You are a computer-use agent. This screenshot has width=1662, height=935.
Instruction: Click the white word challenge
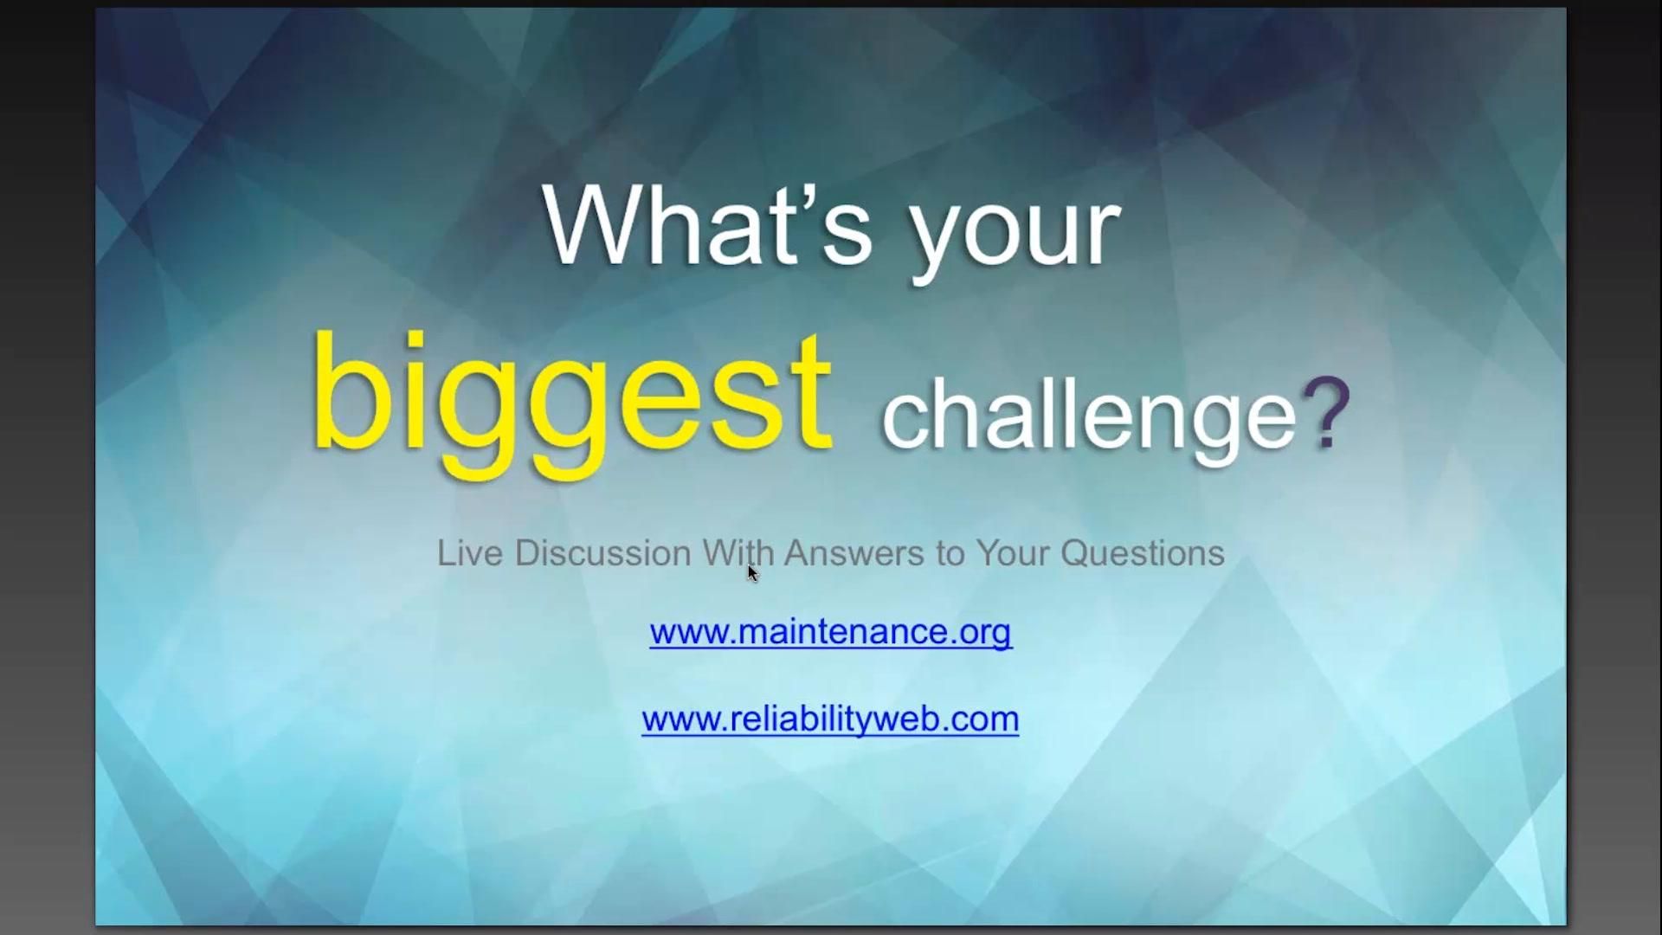(1088, 418)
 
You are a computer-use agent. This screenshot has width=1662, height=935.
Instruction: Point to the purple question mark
(1326, 413)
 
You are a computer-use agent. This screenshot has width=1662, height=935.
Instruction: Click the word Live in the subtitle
(469, 553)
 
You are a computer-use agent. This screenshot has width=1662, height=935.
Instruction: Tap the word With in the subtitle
(738, 553)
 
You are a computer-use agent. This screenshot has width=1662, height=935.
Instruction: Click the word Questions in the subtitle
(1143, 553)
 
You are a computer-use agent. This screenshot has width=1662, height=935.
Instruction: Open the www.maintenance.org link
(830, 632)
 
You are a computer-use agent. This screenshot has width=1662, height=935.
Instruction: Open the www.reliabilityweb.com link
(830, 719)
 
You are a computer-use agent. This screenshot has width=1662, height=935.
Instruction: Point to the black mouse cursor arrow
(752, 573)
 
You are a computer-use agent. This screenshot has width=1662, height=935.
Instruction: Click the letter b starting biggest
(346, 394)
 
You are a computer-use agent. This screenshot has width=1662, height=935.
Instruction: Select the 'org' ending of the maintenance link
(985, 633)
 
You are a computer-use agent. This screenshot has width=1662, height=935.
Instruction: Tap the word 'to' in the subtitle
(950, 553)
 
